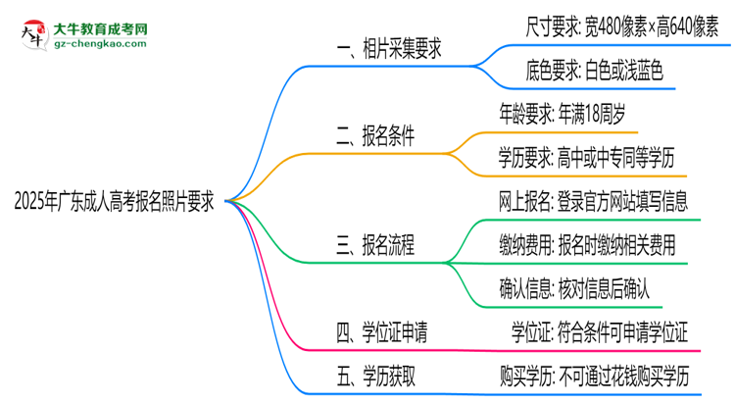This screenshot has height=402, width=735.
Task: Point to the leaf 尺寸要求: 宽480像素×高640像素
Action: coord(612,25)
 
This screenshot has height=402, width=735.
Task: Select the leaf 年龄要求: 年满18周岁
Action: coord(569,114)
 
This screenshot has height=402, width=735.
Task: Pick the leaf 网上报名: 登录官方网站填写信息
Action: coord(593,201)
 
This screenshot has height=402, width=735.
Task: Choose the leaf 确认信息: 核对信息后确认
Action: coord(574,289)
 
